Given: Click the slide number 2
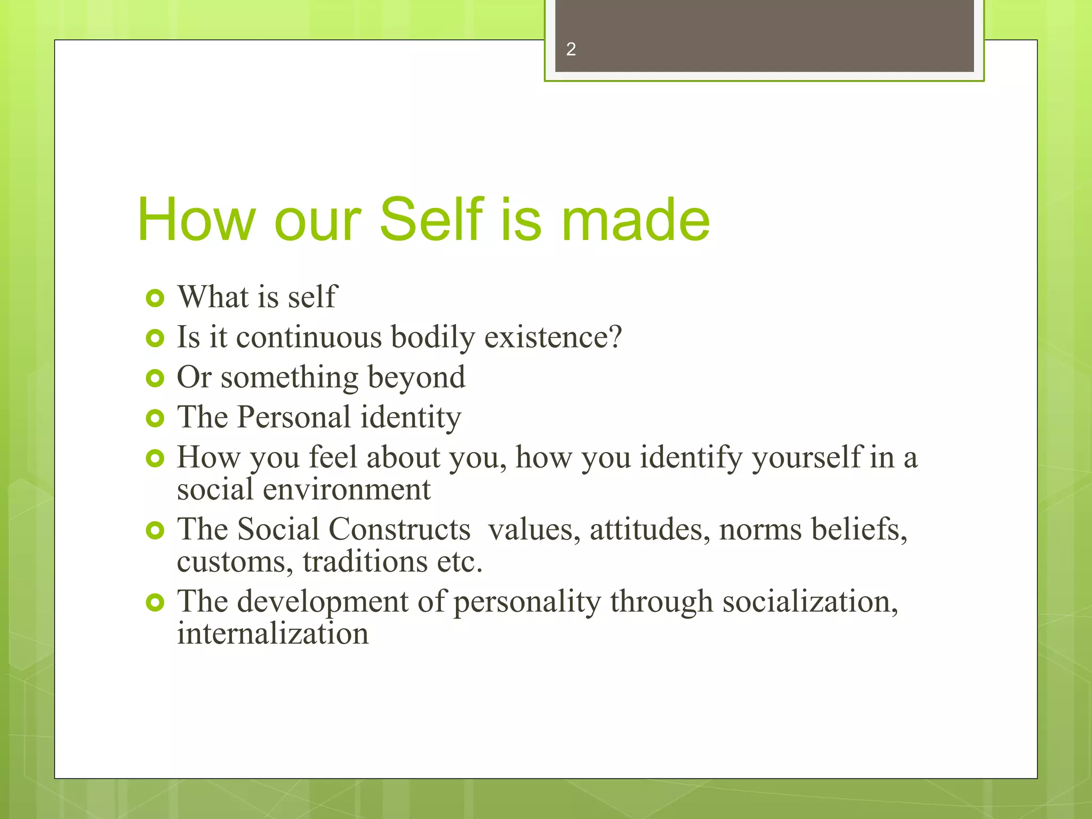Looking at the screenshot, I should (x=571, y=50).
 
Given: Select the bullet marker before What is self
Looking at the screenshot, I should (x=155, y=298).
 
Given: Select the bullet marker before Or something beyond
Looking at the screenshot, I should (x=155, y=378).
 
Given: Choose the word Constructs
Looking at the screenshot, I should (x=399, y=530).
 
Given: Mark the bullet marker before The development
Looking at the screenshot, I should (x=155, y=603).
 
